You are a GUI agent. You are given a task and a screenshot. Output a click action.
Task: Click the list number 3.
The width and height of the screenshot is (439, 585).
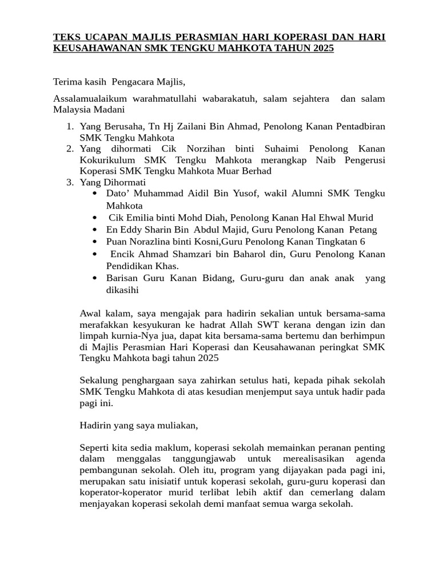click(69, 182)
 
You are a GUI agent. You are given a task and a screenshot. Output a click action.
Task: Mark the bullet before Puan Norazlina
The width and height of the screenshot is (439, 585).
click(94, 242)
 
